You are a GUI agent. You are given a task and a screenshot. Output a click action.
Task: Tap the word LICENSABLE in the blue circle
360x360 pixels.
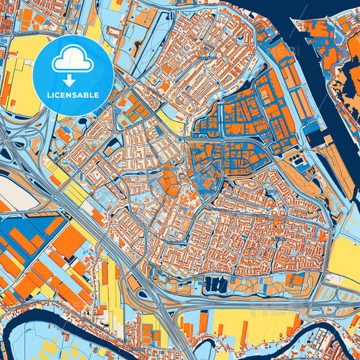click(x=72, y=95)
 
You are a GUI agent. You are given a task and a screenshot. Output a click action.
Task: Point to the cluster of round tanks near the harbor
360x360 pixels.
click(x=297, y=160)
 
